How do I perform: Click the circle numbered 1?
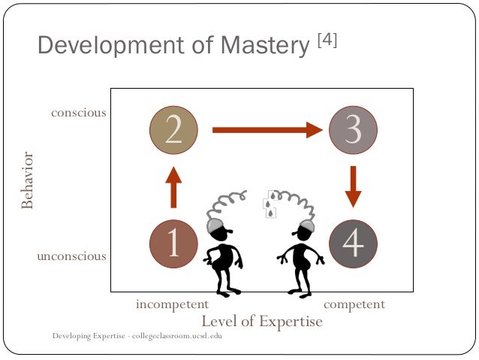coord(173,243)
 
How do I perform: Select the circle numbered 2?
coord(173,130)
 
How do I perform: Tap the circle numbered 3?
coord(353,130)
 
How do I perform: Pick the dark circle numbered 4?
coord(353,243)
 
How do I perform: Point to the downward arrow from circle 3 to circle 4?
coord(353,186)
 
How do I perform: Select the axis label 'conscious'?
coord(79,113)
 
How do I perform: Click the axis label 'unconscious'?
coord(71,256)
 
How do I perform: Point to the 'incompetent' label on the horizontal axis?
coord(171,304)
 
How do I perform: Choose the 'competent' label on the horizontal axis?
coord(354,304)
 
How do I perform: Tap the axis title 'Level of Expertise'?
coord(261,322)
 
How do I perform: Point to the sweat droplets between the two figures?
coord(269,207)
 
